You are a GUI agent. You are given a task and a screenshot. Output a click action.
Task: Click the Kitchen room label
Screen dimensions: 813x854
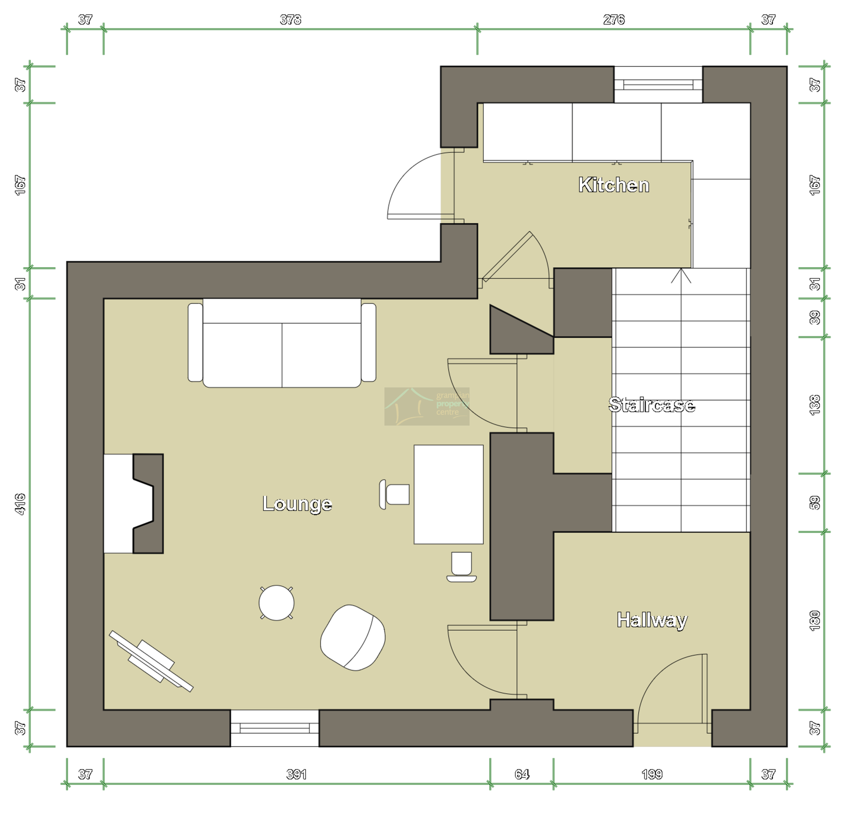(x=613, y=185)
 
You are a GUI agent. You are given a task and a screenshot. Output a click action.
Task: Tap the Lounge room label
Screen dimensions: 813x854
(x=297, y=503)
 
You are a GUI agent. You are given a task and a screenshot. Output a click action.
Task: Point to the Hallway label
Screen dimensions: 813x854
(x=652, y=620)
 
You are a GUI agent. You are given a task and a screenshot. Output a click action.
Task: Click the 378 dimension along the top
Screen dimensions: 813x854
(x=290, y=19)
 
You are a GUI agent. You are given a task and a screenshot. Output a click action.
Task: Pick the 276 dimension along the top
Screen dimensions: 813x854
(x=614, y=19)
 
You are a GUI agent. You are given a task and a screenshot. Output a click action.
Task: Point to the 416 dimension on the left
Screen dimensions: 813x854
(x=20, y=504)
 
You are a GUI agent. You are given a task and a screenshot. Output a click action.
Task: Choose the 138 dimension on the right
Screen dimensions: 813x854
(x=814, y=405)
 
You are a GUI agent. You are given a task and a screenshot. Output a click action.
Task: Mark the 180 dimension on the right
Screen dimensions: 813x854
(x=814, y=620)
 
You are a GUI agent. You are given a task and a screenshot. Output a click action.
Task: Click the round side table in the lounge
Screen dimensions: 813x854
(x=276, y=603)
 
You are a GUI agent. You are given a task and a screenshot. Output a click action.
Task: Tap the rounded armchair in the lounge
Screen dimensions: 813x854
(x=353, y=637)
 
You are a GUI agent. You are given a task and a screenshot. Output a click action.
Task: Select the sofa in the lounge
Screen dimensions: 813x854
(x=282, y=343)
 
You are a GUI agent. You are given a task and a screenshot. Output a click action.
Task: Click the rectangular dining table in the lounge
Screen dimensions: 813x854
(x=448, y=494)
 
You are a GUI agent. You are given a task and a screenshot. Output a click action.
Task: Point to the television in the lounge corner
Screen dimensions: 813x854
(x=151, y=661)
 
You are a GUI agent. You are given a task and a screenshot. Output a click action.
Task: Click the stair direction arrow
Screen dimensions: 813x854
(x=681, y=276)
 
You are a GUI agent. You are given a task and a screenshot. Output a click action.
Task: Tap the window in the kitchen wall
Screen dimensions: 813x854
(x=658, y=84)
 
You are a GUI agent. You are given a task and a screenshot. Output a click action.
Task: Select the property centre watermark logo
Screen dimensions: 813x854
(x=427, y=406)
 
